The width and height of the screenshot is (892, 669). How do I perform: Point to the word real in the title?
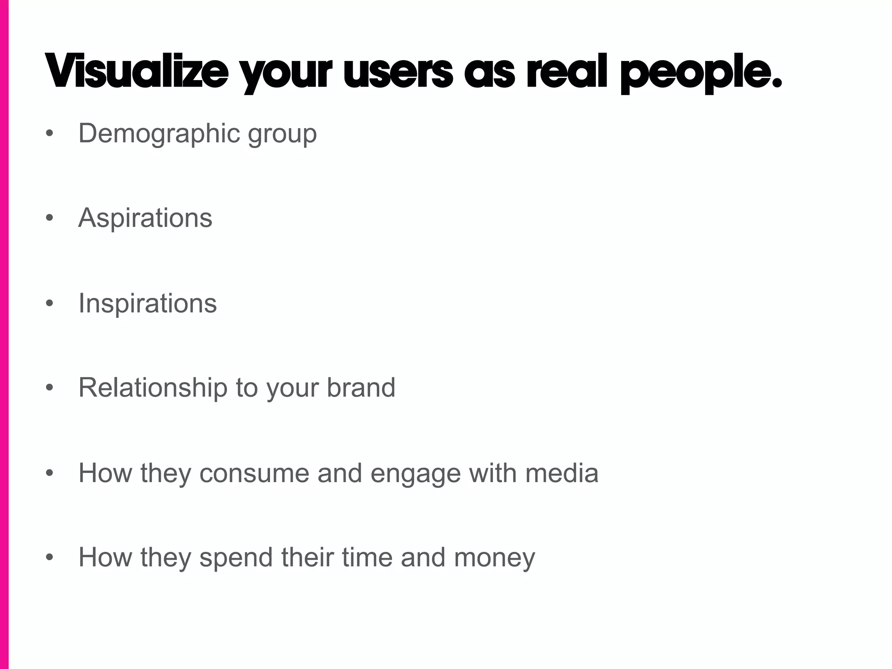(567, 72)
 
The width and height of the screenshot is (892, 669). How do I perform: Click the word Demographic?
(159, 133)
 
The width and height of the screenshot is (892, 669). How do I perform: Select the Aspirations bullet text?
(145, 218)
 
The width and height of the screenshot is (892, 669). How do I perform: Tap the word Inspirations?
(148, 303)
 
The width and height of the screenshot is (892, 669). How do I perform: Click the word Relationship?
(153, 388)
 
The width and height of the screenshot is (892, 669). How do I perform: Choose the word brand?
(361, 388)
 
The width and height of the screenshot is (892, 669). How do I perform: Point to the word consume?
(254, 473)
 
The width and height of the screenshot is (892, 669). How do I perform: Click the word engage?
(416, 474)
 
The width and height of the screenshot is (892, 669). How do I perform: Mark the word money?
(494, 559)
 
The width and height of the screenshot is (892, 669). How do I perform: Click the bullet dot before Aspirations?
(50, 218)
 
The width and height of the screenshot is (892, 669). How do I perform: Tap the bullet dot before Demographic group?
(50, 133)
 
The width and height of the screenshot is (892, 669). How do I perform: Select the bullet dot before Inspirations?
(50, 303)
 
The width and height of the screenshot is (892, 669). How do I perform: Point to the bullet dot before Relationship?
(50, 388)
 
